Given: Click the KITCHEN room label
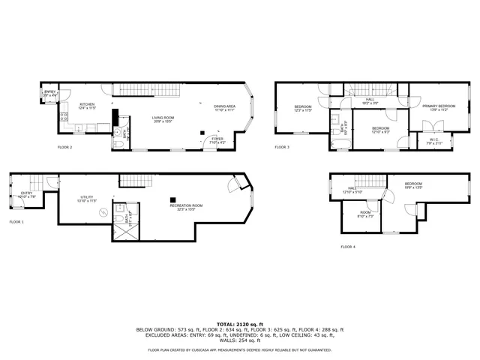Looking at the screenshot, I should pos(87,105).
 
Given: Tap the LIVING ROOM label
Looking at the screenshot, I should pos(163,118).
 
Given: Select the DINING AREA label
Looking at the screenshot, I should pos(224,107).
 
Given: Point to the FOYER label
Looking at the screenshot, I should pos(217,139).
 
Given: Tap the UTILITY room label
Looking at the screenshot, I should pos(88,199).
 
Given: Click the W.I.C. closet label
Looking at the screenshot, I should pos(434,139).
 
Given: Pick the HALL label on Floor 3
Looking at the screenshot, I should pos(370,99).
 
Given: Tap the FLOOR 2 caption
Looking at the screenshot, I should pos(65,148).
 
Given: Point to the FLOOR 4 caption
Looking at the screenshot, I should pos(349,247).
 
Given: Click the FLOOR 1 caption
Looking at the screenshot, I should pos(16,222).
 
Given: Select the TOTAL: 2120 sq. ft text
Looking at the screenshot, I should pos(240,324).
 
